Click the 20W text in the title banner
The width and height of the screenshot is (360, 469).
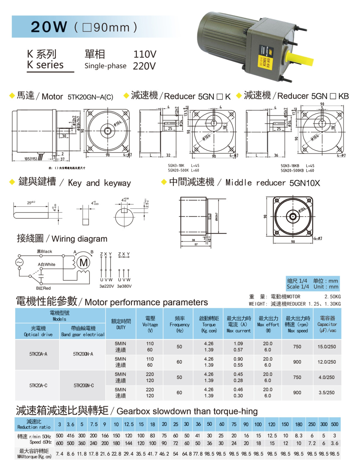tap(49, 27)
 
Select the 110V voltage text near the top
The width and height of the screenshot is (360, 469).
tap(145, 54)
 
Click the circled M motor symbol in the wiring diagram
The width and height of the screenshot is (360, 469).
tap(83, 263)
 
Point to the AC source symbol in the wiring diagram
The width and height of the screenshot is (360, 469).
tap(19, 262)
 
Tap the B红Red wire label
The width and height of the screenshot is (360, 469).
tap(43, 288)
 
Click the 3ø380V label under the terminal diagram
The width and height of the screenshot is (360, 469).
tap(124, 286)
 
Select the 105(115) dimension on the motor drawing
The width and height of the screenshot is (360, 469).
tap(30, 159)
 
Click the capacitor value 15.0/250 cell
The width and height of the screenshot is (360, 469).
tap(327, 347)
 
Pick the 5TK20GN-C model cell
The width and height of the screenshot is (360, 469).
tap(83, 385)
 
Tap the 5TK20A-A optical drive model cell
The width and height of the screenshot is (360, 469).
tap(38, 354)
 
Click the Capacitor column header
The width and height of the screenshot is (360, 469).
tap(327, 324)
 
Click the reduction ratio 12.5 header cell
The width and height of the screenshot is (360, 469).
tap(129, 424)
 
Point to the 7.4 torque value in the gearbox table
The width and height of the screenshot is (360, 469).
tap(59, 454)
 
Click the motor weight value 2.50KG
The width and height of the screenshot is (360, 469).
tap(332, 297)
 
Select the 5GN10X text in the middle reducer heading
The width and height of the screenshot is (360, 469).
tap(304, 183)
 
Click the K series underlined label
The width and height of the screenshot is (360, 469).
tap(45, 65)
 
